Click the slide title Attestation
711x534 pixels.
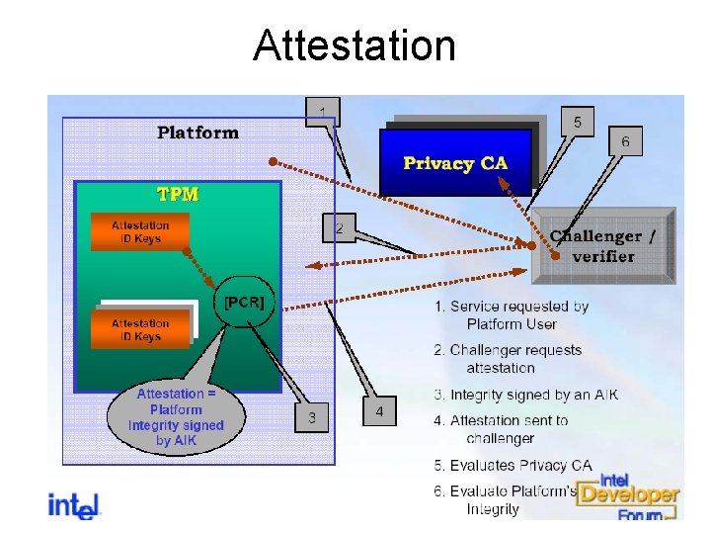click(x=354, y=45)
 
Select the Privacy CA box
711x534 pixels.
click(x=455, y=162)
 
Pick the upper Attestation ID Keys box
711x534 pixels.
click(x=140, y=231)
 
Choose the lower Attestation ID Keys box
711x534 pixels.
click(x=140, y=329)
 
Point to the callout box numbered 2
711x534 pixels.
click(x=340, y=228)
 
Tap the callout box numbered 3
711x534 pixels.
click(x=312, y=417)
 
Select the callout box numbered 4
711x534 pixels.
click(x=379, y=410)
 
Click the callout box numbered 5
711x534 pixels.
click(x=578, y=123)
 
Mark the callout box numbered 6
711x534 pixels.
click(x=625, y=142)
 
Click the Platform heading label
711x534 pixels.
click(x=197, y=132)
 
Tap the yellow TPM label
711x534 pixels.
click(x=178, y=194)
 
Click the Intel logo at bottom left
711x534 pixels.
click(x=74, y=504)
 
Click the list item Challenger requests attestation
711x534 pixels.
click(x=508, y=359)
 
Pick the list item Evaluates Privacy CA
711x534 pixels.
click(x=513, y=465)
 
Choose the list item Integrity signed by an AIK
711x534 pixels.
click(x=526, y=395)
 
